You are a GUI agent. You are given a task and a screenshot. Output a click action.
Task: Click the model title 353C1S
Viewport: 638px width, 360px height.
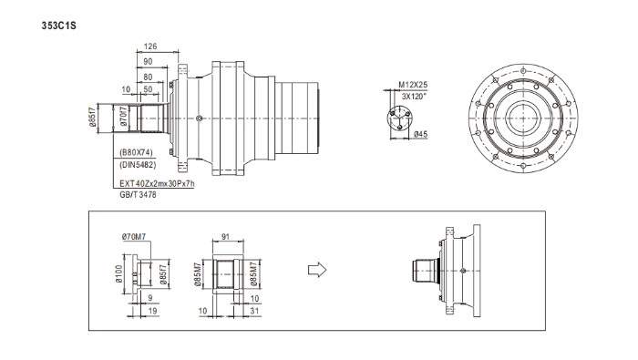[58, 26]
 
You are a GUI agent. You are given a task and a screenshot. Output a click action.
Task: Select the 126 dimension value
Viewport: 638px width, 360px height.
[150, 46]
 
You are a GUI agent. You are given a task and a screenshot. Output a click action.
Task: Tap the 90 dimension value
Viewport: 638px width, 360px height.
[148, 61]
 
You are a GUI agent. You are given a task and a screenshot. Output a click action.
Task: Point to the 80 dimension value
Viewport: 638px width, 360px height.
[148, 77]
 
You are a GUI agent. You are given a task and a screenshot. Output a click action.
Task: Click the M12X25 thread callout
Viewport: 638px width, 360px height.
[413, 85]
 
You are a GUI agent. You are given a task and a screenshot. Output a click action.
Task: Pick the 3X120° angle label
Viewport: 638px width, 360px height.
[414, 97]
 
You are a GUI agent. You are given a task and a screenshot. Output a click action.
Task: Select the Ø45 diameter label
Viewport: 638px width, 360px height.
[421, 134]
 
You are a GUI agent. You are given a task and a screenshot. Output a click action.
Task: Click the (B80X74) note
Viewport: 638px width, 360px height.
[137, 152]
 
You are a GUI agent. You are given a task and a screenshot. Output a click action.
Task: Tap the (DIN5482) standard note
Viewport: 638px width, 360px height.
[138, 165]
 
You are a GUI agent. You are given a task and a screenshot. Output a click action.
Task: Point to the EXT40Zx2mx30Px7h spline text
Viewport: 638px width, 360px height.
[157, 183]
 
